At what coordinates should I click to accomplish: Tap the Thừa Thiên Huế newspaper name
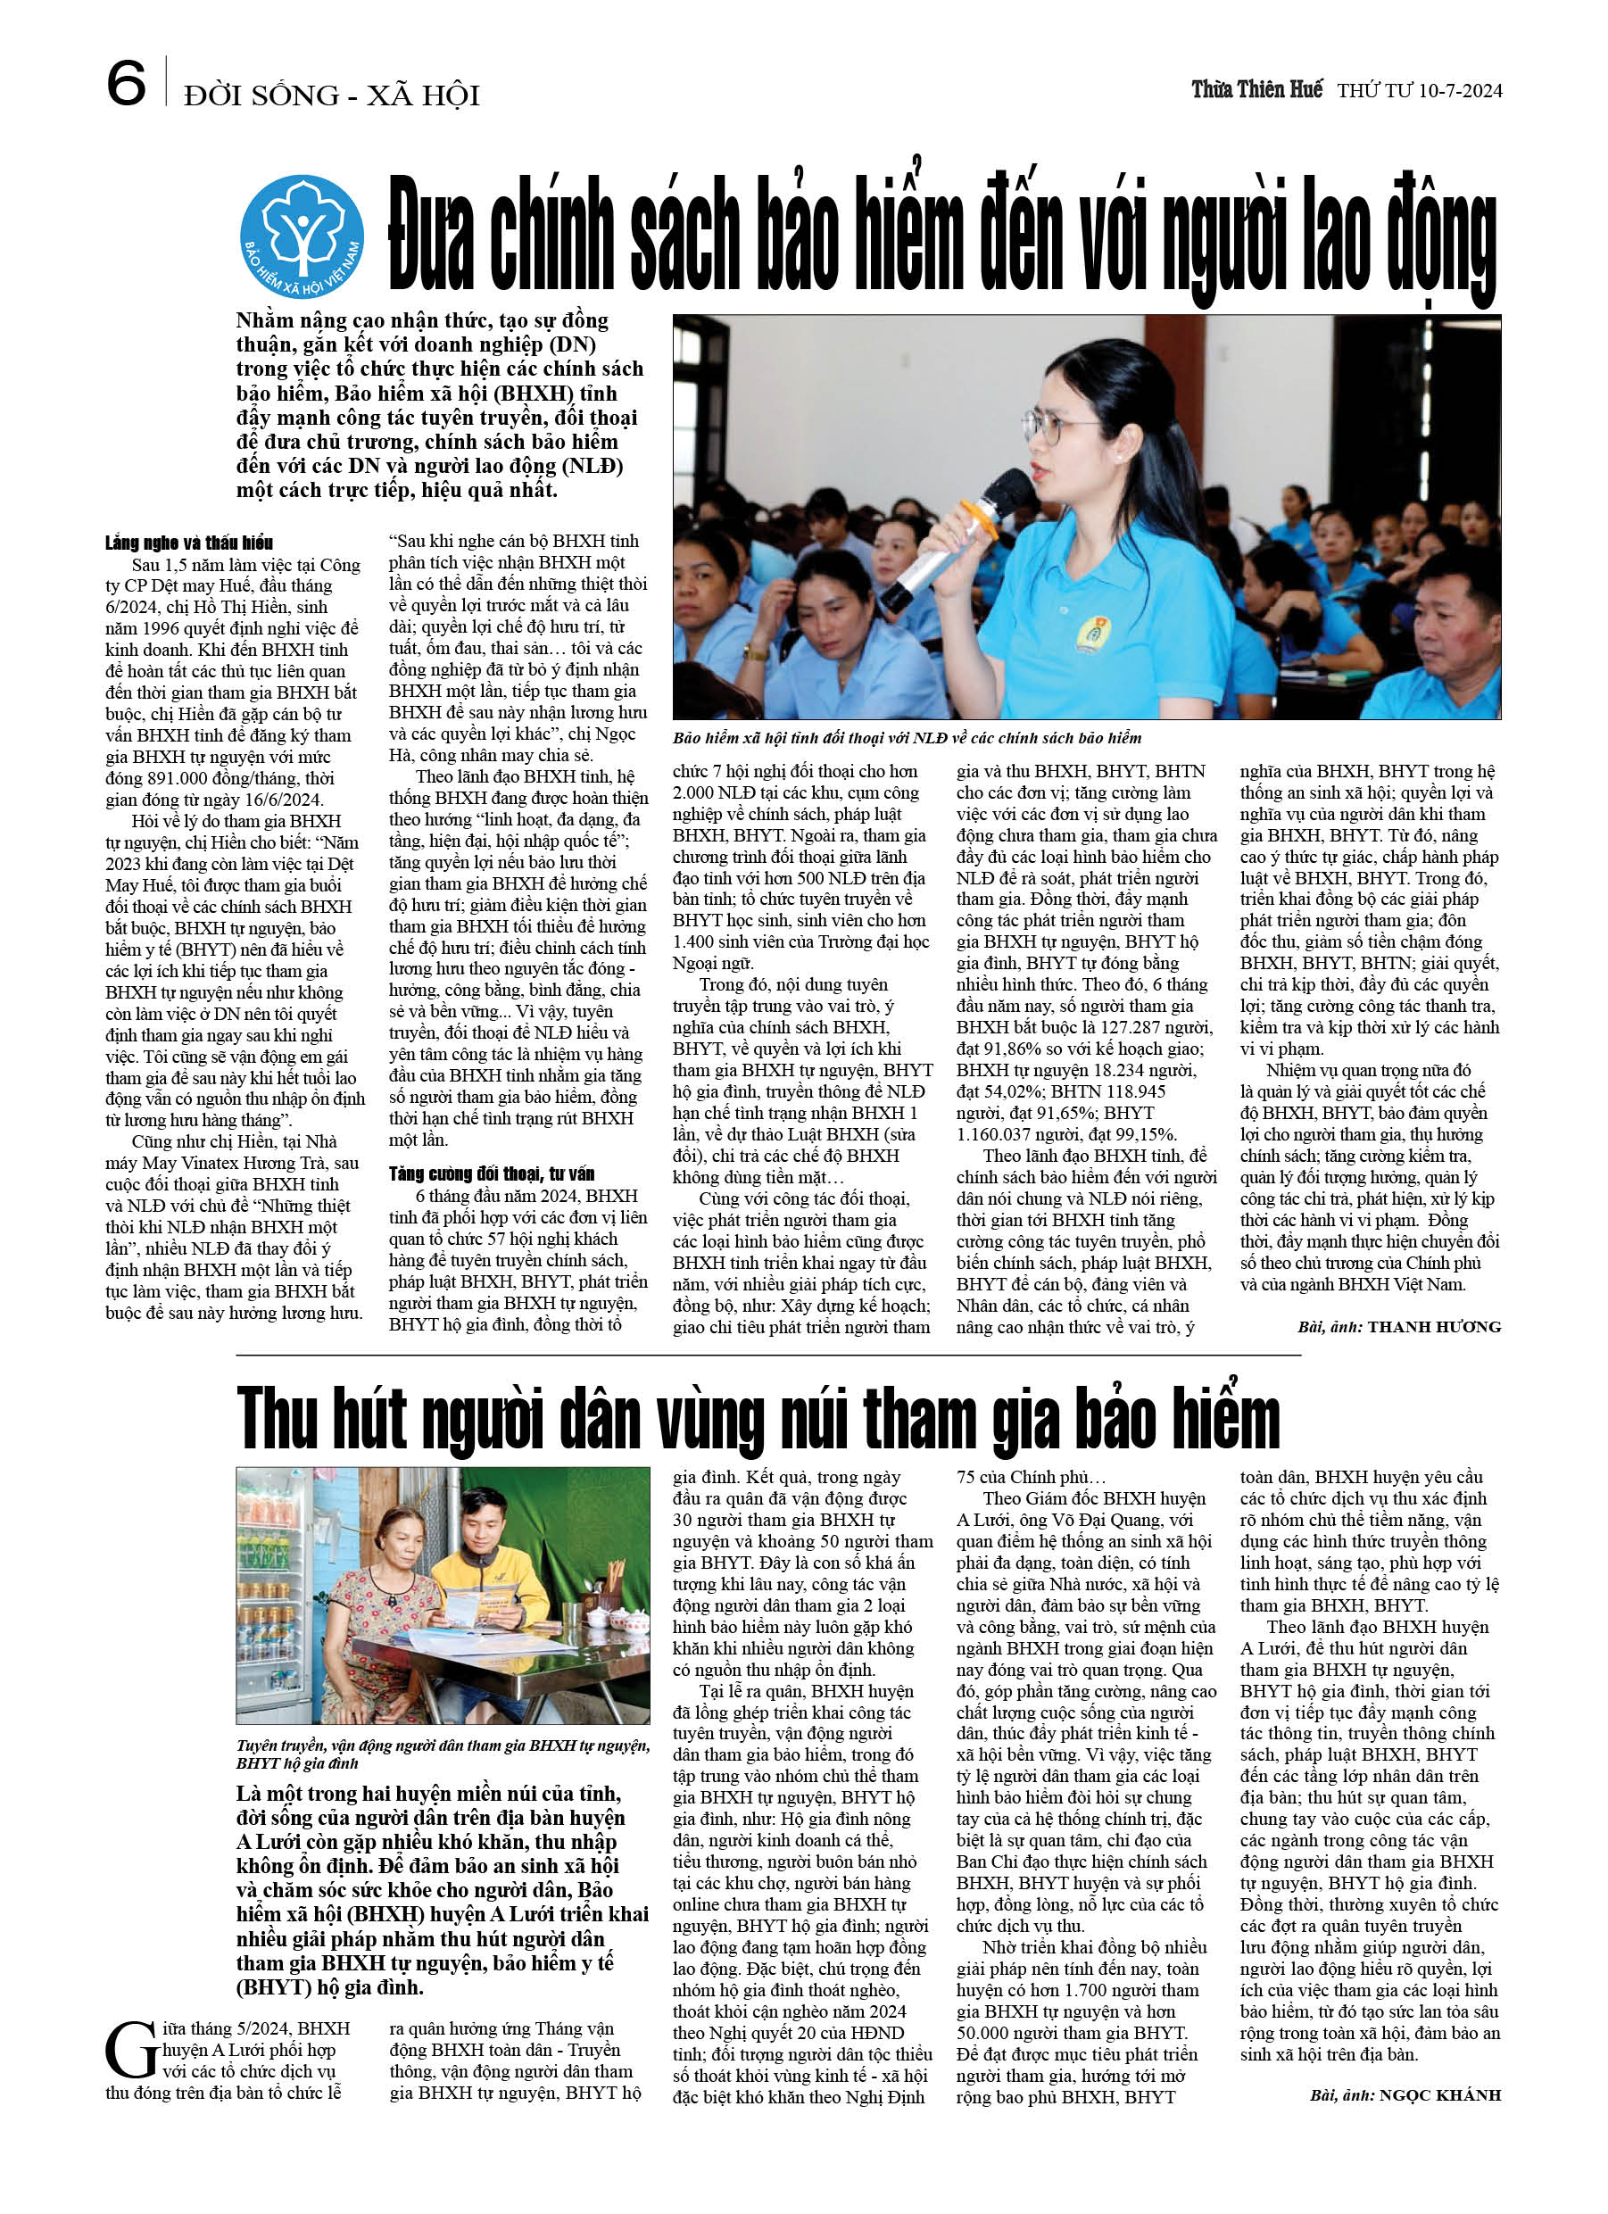1256,90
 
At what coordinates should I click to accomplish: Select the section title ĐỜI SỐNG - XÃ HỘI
332,95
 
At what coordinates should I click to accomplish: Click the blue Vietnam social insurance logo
302,236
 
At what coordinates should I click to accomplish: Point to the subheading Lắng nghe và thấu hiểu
189,543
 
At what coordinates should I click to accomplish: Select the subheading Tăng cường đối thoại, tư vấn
491,1173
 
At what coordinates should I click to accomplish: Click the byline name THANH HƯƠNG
1433,1327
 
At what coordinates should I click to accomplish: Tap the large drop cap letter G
131,2050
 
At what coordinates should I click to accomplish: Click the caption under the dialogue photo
906,738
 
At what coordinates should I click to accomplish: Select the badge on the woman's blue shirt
1090,634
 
